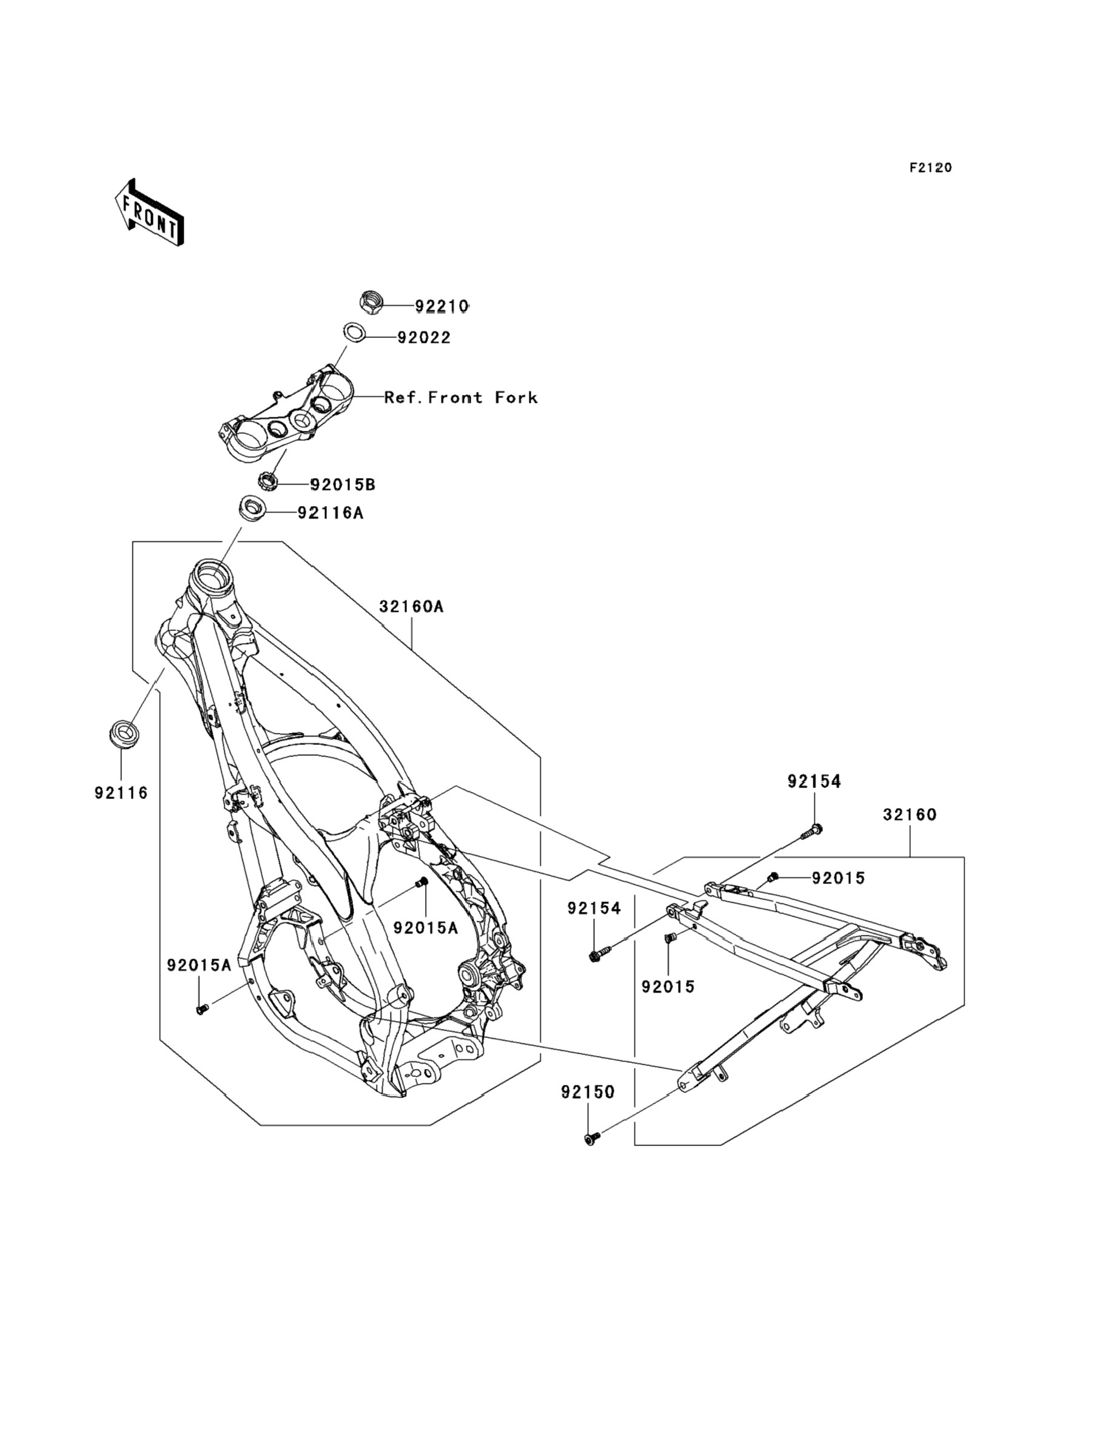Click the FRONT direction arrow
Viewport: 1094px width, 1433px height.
pos(149,212)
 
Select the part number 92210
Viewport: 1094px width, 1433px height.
pos(441,306)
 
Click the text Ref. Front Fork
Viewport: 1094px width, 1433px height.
pos(461,397)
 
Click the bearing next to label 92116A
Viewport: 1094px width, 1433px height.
pos(250,508)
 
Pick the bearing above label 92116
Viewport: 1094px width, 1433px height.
pos(123,734)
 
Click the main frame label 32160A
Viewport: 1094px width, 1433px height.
pos(412,607)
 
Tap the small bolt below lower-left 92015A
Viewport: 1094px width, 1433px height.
pos(202,1009)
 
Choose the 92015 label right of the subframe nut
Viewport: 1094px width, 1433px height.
pos(838,878)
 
